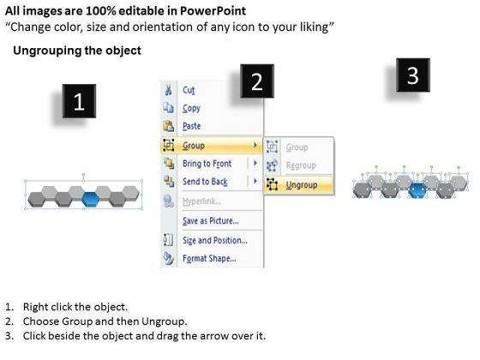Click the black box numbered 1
[79, 101]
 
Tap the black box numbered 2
[257, 81]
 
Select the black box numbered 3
[413, 75]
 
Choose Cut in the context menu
[189, 90]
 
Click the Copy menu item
[191, 108]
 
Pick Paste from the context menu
[192, 126]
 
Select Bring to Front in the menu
[207, 164]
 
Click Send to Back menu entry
[205, 182]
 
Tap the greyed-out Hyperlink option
[201, 201]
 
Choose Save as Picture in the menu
[211, 221]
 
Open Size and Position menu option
[215, 240]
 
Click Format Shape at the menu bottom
[209, 258]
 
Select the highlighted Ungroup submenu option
[302, 185]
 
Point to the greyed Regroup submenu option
[301, 165]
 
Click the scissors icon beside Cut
[168, 90]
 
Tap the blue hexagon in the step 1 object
[91, 200]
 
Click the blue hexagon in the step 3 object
[417, 190]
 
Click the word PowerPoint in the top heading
[213, 11]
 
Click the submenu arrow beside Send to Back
[255, 181]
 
